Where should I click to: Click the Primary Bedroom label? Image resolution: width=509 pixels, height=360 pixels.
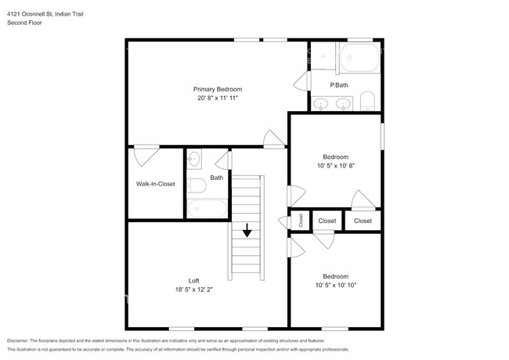click(218, 89)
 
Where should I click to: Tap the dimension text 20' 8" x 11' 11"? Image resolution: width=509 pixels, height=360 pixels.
click(218, 98)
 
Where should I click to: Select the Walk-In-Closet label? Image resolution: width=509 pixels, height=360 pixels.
click(156, 184)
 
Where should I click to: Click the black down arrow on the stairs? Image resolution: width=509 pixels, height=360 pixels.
click(247, 230)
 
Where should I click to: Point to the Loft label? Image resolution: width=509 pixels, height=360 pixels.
click(193, 281)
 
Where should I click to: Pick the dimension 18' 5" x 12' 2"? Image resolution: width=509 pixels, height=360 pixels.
click(193, 290)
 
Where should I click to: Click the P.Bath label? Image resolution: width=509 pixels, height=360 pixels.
click(339, 85)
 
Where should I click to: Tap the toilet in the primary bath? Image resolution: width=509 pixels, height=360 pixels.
click(367, 101)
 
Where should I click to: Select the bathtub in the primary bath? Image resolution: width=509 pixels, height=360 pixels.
click(359, 58)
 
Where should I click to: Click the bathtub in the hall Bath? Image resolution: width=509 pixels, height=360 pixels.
click(207, 208)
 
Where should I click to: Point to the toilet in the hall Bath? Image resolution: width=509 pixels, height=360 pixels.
click(197, 185)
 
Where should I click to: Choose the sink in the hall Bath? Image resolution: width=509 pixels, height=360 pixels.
click(194, 159)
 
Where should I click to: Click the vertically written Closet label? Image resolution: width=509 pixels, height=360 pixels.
click(301, 221)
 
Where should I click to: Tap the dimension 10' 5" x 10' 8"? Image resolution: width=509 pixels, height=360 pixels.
click(336, 166)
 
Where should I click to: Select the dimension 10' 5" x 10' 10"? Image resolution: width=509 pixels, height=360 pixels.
click(336, 286)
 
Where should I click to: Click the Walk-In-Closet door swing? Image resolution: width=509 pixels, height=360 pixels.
click(146, 157)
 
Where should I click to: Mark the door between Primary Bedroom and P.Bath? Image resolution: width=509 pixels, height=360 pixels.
click(302, 81)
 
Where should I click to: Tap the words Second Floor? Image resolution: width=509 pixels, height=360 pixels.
click(24, 23)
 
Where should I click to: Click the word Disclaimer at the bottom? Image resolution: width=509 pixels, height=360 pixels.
click(18, 340)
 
